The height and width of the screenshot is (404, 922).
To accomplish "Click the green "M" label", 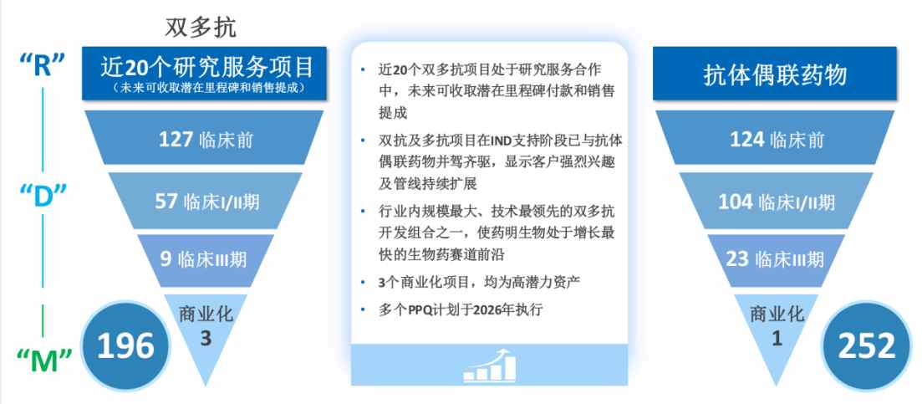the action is pyautogui.click(x=44, y=361).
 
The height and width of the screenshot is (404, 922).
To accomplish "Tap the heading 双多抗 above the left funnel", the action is pyautogui.click(x=201, y=27).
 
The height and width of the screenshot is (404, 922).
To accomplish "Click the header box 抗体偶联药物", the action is pyautogui.click(x=774, y=73).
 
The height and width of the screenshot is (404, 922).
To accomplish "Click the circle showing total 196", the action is pyautogui.click(x=125, y=345).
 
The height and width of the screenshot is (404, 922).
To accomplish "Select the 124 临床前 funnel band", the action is pyautogui.click(x=775, y=138).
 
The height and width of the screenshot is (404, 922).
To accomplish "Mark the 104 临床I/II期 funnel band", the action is pyautogui.click(x=776, y=201).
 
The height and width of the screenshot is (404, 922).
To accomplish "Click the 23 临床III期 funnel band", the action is pyautogui.click(x=776, y=260).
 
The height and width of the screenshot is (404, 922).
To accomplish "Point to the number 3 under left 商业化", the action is pyautogui.click(x=206, y=339).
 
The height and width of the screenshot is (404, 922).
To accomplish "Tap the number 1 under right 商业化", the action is pyautogui.click(x=777, y=339).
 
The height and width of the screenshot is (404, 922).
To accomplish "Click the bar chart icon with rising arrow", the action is pyautogui.click(x=489, y=366).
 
